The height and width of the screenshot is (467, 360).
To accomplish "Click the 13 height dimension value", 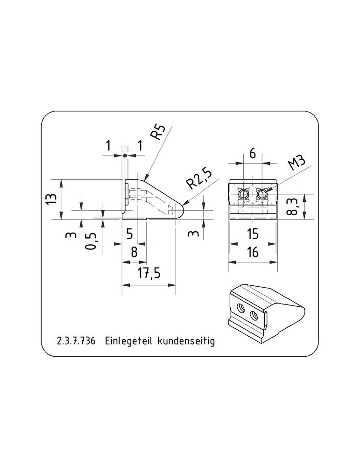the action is tap(51, 198).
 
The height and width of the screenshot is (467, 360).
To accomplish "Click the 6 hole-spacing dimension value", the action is tap(253, 154).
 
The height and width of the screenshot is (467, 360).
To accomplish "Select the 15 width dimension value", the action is tap(253, 234).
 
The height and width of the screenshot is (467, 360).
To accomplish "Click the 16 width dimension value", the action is tap(253, 252).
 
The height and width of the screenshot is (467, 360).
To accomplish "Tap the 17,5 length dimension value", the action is tap(149, 273).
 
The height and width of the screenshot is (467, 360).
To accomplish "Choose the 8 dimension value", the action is tap(134, 252).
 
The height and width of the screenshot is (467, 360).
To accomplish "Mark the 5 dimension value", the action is tap(129, 234).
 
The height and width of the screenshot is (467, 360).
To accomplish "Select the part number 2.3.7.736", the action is tap(76, 341).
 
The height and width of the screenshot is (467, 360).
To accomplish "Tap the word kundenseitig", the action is tap(186, 341).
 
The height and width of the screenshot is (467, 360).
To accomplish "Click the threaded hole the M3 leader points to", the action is tap(261, 194).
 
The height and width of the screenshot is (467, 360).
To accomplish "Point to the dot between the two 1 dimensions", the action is tap(125, 156).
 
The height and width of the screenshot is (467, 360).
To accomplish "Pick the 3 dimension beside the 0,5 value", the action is tap(71, 235).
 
